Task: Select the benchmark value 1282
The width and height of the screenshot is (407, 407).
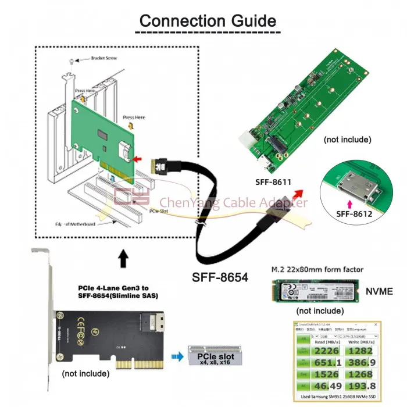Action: pyautogui.click(x=362, y=350)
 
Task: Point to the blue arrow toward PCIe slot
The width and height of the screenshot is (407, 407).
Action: pyautogui.click(x=176, y=356)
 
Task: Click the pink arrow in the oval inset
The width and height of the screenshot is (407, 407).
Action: pyautogui.click(x=349, y=203)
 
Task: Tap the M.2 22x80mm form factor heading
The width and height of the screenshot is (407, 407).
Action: pyautogui.click(x=317, y=269)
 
